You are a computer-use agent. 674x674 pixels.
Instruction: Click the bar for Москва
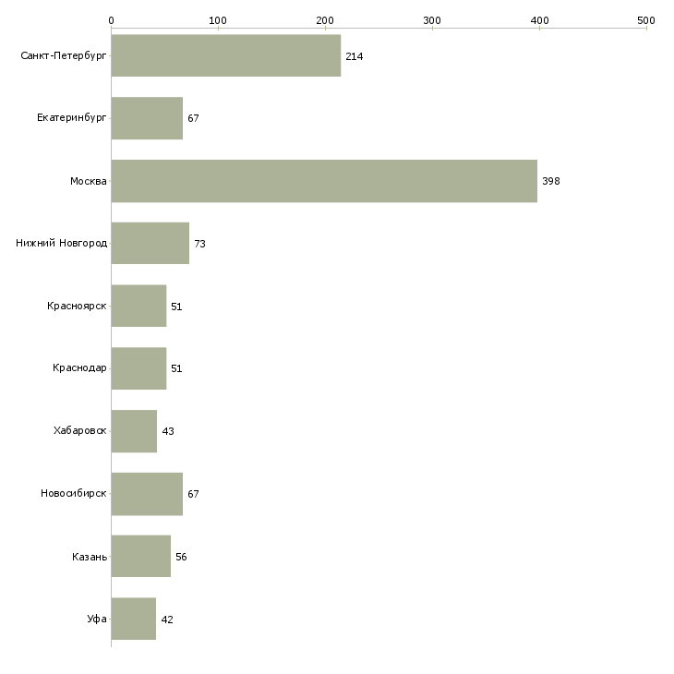point(324,181)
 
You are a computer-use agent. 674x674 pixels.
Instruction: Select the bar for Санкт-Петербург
point(226,55)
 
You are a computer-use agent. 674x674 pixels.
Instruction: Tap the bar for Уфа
point(134,619)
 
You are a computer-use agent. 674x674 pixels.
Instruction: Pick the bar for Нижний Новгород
point(150,244)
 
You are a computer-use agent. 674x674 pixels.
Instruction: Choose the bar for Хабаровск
point(134,431)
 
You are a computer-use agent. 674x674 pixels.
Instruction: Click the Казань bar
point(141,556)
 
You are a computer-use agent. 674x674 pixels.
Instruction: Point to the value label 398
point(551,181)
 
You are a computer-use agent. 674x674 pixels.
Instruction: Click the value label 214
point(355,56)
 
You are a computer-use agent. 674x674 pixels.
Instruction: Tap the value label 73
point(199,244)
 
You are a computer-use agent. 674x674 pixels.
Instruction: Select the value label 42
point(167,620)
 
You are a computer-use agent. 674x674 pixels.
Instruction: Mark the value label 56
point(181,557)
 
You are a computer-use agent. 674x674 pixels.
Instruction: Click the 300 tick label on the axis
point(432,20)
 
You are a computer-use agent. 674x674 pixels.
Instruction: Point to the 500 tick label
point(646,20)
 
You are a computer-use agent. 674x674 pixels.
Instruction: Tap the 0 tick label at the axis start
point(112,20)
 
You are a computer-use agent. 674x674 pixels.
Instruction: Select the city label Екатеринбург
point(71,118)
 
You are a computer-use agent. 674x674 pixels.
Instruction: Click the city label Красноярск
point(77,306)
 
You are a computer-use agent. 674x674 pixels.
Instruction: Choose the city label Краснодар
point(79,368)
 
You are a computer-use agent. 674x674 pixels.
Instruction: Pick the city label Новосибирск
point(74,493)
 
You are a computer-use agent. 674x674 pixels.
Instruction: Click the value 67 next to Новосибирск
point(193,494)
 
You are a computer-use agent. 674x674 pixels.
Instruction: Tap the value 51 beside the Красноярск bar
point(176,307)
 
